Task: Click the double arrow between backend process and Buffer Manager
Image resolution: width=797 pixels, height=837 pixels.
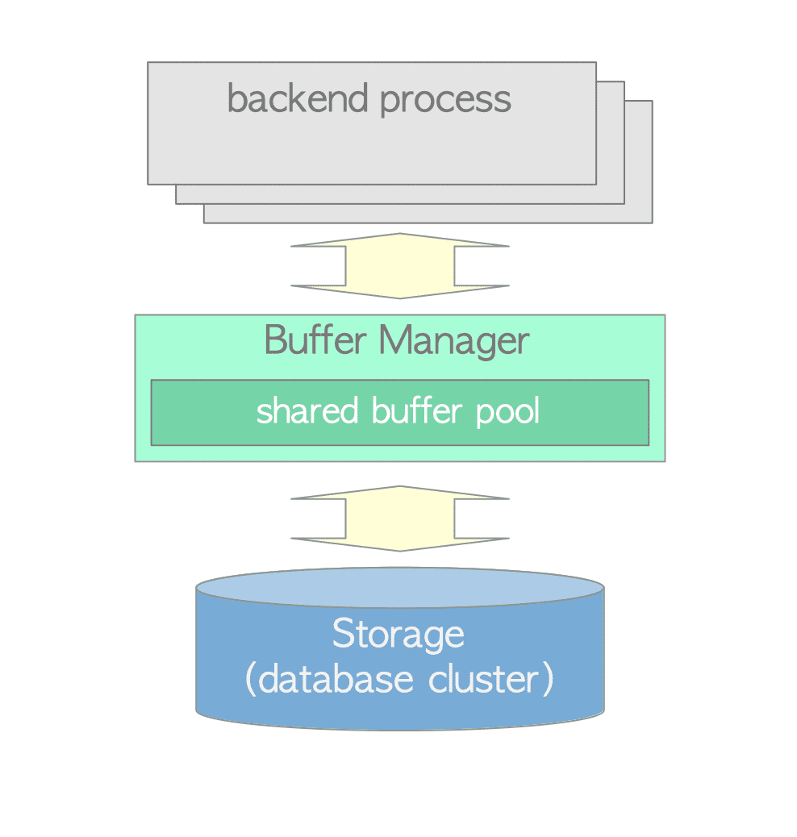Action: click(x=399, y=266)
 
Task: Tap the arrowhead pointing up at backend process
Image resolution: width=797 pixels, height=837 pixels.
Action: click(x=399, y=240)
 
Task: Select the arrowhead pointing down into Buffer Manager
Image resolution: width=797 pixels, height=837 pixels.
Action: click(x=399, y=292)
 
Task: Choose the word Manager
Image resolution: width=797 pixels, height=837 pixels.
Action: click(x=454, y=342)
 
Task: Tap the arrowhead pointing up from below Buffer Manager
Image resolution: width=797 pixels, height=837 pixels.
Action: click(x=399, y=493)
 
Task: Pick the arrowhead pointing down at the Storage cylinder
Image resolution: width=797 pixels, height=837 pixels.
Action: click(x=399, y=545)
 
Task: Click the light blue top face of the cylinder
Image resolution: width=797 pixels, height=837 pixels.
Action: click(x=399, y=587)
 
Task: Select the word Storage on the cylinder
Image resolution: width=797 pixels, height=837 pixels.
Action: click(x=398, y=635)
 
